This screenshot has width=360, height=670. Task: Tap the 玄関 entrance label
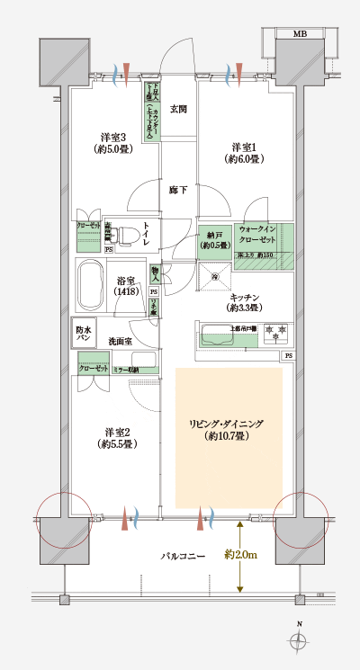point(177,110)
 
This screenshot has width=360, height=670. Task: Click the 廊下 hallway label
point(177,191)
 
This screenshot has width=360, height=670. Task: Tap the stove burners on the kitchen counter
point(276,335)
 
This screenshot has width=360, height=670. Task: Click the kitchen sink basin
point(218,339)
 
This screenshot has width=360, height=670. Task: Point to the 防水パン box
point(84,334)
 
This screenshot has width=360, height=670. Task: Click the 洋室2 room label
point(116,437)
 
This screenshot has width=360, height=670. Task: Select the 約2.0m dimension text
point(241,555)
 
